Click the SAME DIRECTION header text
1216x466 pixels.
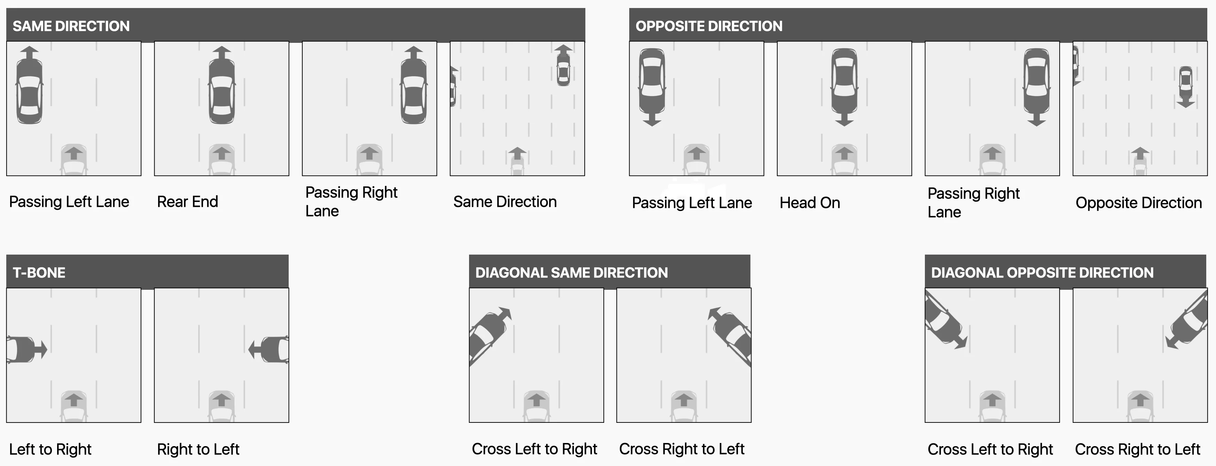[x=71, y=26]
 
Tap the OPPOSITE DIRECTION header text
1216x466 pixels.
[x=709, y=26]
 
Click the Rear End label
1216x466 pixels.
[x=187, y=202]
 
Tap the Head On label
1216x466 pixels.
[x=810, y=203]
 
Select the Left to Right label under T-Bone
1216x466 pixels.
[x=50, y=449]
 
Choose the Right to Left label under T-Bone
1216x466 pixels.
[x=198, y=449]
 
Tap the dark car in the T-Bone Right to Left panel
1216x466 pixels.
[x=275, y=349]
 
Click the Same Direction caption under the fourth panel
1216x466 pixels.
[x=505, y=202]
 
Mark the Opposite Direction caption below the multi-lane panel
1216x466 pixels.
[x=1138, y=203]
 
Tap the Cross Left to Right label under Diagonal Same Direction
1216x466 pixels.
[x=535, y=449]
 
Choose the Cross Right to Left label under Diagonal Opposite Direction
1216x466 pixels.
[x=1137, y=449]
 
